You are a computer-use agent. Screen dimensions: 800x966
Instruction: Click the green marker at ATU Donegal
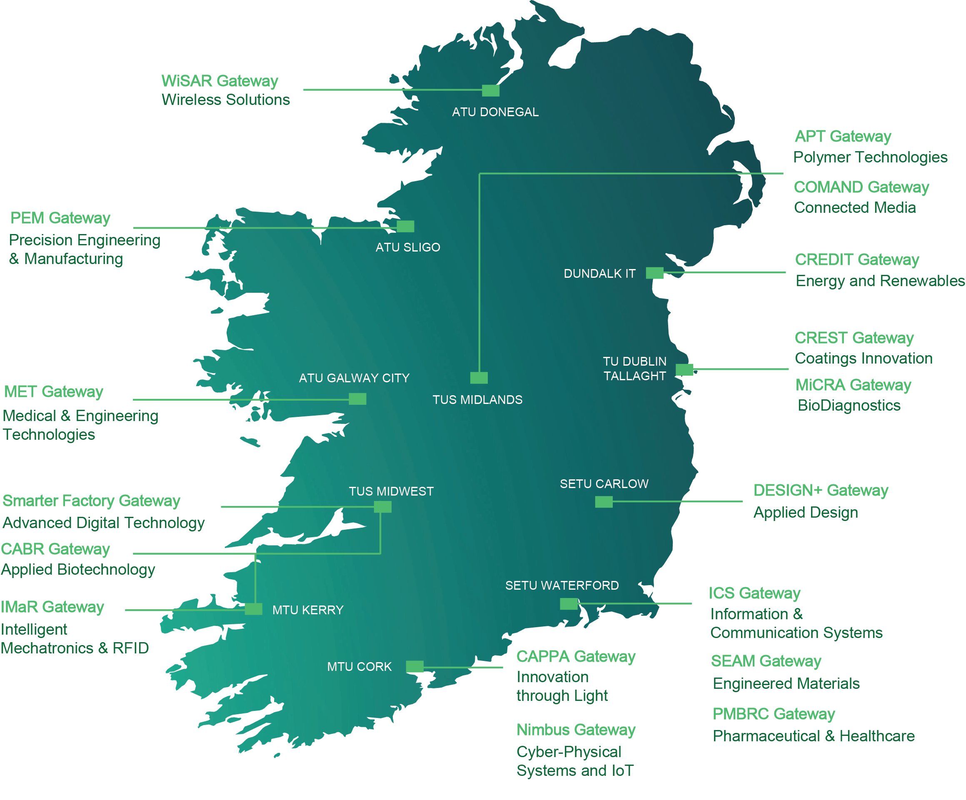(x=490, y=90)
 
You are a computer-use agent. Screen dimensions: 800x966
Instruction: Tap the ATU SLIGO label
(x=407, y=247)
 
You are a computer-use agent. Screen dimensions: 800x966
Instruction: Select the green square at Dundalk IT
(x=654, y=273)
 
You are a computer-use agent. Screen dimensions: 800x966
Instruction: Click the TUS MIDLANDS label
(x=477, y=399)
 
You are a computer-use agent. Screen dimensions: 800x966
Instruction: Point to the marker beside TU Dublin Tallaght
(x=684, y=369)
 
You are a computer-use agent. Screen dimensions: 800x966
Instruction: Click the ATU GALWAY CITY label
(x=354, y=378)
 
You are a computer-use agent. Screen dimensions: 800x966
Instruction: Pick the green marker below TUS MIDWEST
(x=382, y=507)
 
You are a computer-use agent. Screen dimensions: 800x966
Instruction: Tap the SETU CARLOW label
(x=604, y=483)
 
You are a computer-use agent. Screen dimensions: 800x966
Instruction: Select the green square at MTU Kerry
(x=253, y=609)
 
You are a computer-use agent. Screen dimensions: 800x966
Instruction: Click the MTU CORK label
(x=359, y=667)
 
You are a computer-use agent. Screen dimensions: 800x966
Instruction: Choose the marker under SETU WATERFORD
(x=569, y=604)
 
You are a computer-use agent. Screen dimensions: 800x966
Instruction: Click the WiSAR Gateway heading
(x=220, y=81)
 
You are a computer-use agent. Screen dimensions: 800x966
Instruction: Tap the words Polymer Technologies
(x=870, y=157)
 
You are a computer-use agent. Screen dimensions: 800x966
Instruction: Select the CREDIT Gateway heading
(x=856, y=260)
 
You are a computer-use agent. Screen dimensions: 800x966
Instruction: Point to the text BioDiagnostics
(x=849, y=405)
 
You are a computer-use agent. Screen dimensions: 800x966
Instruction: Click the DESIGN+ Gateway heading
(x=820, y=490)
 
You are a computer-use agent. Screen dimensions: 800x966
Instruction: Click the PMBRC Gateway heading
(x=773, y=714)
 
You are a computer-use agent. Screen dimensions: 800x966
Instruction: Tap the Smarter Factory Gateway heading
(x=91, y=501)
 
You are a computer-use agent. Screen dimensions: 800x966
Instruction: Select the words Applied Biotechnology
(x=78, y=569)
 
